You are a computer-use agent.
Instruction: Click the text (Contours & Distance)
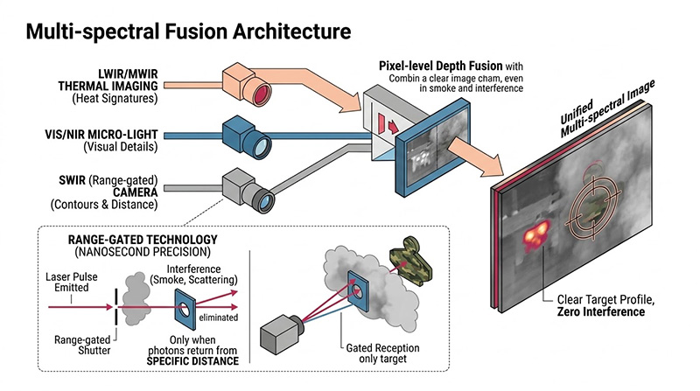coord(113,205)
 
